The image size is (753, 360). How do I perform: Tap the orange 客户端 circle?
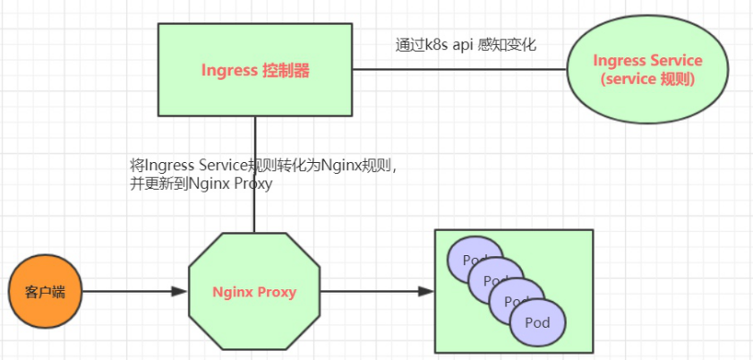click(x=43, y=291)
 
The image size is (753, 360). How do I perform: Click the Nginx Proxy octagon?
click(x=254, y=291)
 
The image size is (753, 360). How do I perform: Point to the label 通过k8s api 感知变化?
click(x=466, y=44)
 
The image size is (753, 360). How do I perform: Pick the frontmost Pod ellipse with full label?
click(x=538, y=322)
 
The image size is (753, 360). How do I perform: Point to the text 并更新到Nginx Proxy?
click(x=201, y=184)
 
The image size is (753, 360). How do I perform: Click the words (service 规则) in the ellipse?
click(x=647, y=79)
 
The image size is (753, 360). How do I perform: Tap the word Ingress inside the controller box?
click(x=229, y=70)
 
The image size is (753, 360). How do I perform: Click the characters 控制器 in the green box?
click(x=287, y=70)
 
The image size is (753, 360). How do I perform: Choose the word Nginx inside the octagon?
click(x=232, y=292)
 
